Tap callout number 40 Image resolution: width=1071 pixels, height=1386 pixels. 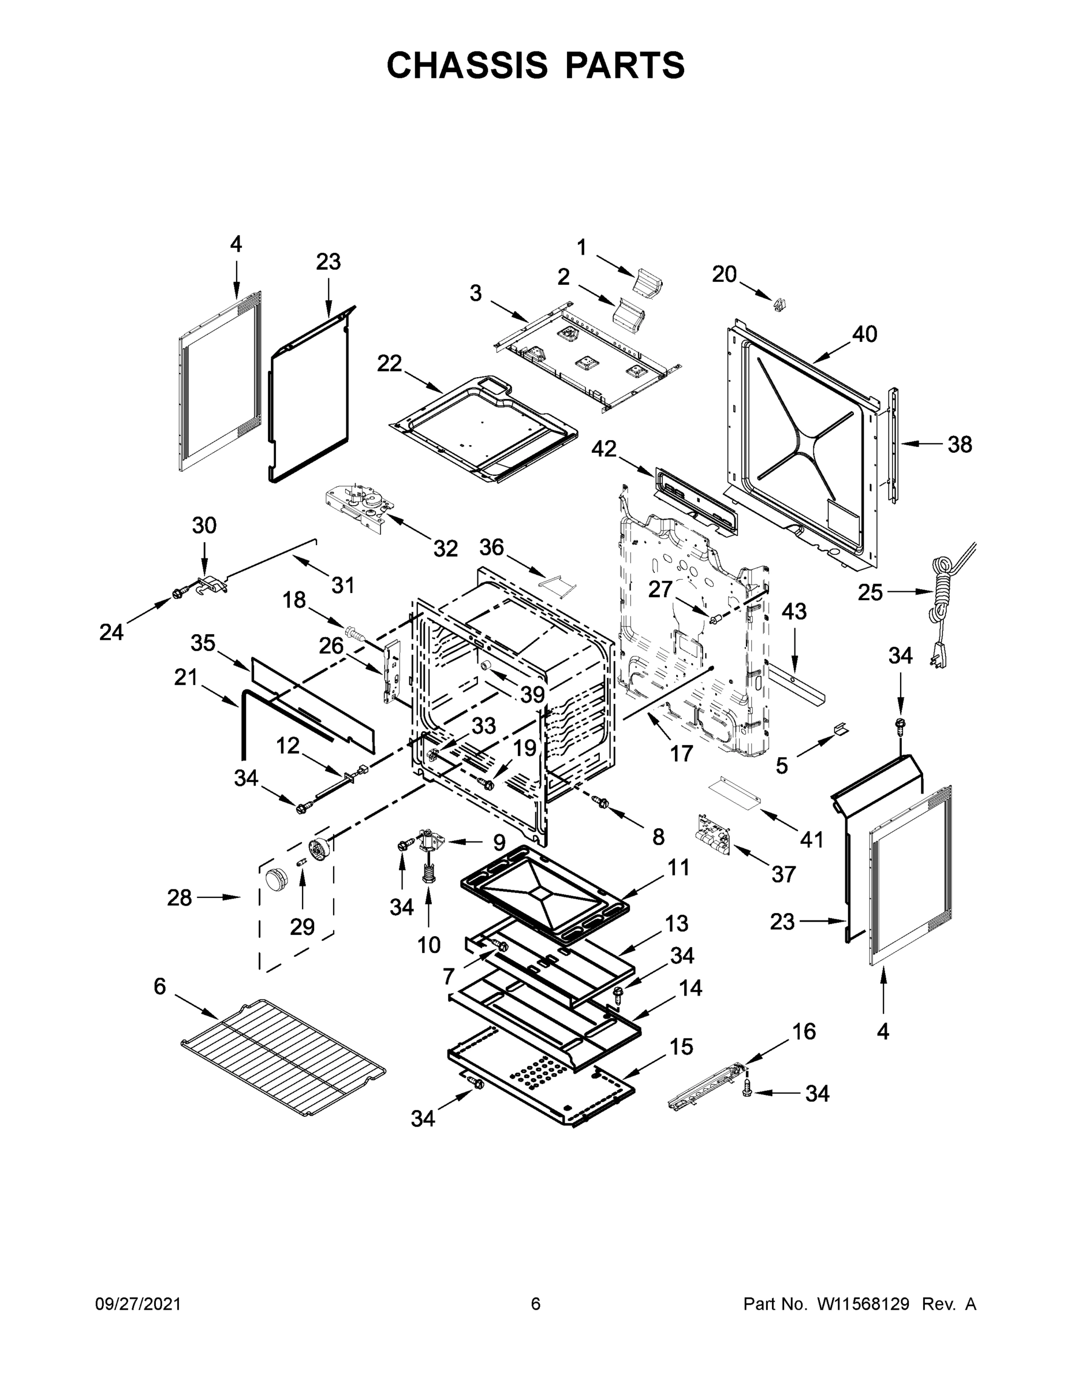click(864, 334)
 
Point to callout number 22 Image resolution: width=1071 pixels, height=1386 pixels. click(390, 364)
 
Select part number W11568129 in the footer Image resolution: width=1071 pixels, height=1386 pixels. click(863, 1304)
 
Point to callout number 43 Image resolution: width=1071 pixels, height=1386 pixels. click(794, 611)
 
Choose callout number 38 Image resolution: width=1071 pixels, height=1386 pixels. click(960, 445)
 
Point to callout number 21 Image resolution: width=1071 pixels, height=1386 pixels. click(186, 678)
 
